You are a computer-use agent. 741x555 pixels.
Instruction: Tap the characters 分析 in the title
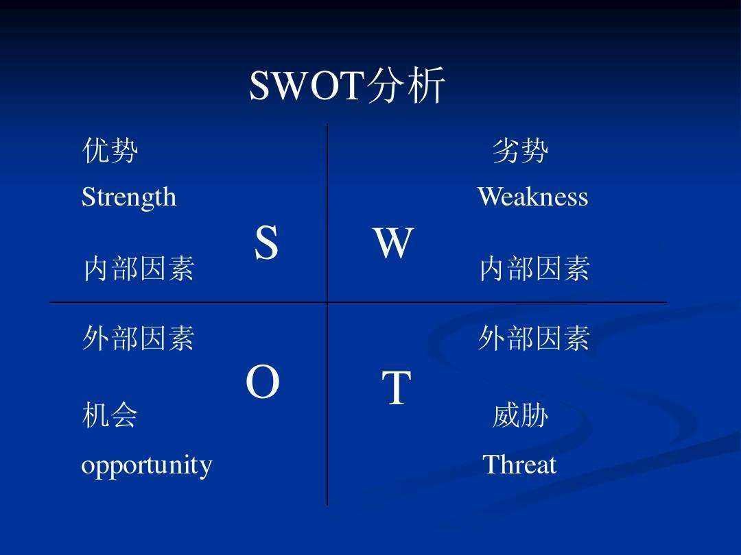point(406,86)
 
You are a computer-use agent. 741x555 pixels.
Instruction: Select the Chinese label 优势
point(110,151)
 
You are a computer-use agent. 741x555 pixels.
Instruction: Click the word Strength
point(129,197)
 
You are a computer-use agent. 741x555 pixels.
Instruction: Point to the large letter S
point(266,243)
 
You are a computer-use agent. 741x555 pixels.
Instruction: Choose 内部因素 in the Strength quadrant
point(139,269)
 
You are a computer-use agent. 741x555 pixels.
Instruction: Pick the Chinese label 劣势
point(521,151)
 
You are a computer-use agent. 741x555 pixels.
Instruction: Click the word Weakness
point(532,197)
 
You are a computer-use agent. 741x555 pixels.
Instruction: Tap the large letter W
point(393,243)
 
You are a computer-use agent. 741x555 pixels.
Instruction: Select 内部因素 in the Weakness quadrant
point(534,269)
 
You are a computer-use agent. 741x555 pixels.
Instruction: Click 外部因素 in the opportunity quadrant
point(139,338)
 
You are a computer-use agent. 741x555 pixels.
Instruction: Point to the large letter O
point(263,383)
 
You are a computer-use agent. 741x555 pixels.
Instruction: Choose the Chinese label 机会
point(110,415)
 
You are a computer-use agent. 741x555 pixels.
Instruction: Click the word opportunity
point(147,465)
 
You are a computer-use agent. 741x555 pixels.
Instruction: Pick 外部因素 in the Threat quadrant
point(534,338)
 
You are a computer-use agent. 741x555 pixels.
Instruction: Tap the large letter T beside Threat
point(396,388)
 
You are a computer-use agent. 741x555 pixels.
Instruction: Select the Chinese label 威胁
point(520,415)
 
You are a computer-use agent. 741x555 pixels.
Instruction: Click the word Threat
point(519,465)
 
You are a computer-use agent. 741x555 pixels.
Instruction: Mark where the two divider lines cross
point(327,301)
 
